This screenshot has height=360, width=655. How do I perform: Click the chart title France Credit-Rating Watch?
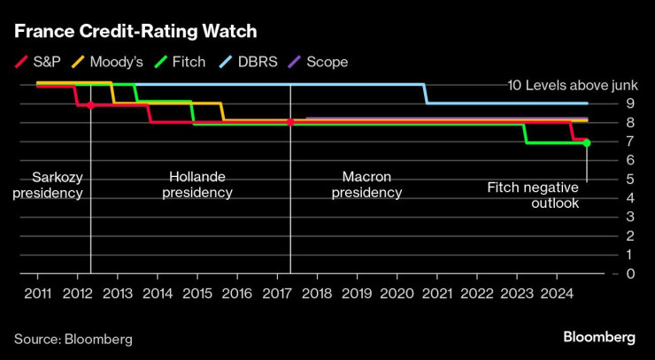click(135, 32)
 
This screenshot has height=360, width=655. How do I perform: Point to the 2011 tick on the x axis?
click(37, 293)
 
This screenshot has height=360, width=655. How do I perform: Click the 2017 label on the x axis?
click(276, 293)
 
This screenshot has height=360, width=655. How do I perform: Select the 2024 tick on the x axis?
click(555, 293)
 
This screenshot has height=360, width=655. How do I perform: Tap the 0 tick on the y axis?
click(630, 273)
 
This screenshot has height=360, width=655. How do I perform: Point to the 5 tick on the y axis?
click(630, 179)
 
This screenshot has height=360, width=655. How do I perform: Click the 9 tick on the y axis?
click(630, 103)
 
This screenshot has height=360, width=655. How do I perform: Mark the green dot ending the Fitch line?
click(587, 142)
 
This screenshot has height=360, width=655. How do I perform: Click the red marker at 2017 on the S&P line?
click(290, 122)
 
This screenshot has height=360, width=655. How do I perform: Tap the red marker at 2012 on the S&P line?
click(91, 104)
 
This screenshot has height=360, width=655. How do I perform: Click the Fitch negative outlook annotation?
click(533, 195)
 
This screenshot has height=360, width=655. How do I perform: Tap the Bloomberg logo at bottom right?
click(599, 338)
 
